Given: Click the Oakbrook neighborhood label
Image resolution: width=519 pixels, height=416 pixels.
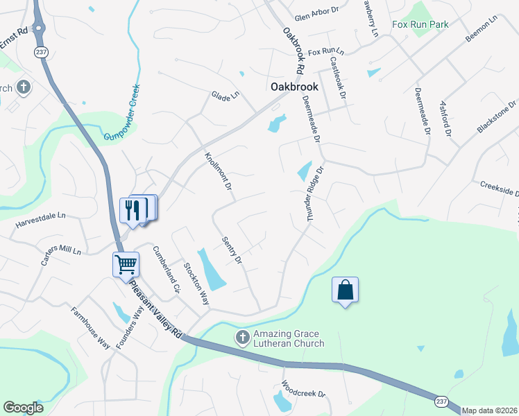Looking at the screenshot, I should click(x=293, y=87).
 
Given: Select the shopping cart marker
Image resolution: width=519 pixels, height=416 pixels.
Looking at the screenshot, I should click(x=126, y=265).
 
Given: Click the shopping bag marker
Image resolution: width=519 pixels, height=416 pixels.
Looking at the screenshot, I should click(x=345, y=290).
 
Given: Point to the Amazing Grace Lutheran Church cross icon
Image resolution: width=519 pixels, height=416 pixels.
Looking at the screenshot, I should click(x=242, y=338).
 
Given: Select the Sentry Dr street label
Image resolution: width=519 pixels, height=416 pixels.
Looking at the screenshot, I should click(x=232, y=251).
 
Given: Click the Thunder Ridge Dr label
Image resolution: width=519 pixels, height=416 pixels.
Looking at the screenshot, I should click(x=315, y=193).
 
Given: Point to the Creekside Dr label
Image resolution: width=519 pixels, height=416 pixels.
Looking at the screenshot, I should click(x=499, y=188).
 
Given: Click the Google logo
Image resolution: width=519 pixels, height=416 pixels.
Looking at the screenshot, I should click(x=24, y=408).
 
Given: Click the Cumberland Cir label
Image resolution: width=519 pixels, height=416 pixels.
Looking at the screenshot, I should click(x=167, y=269).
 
